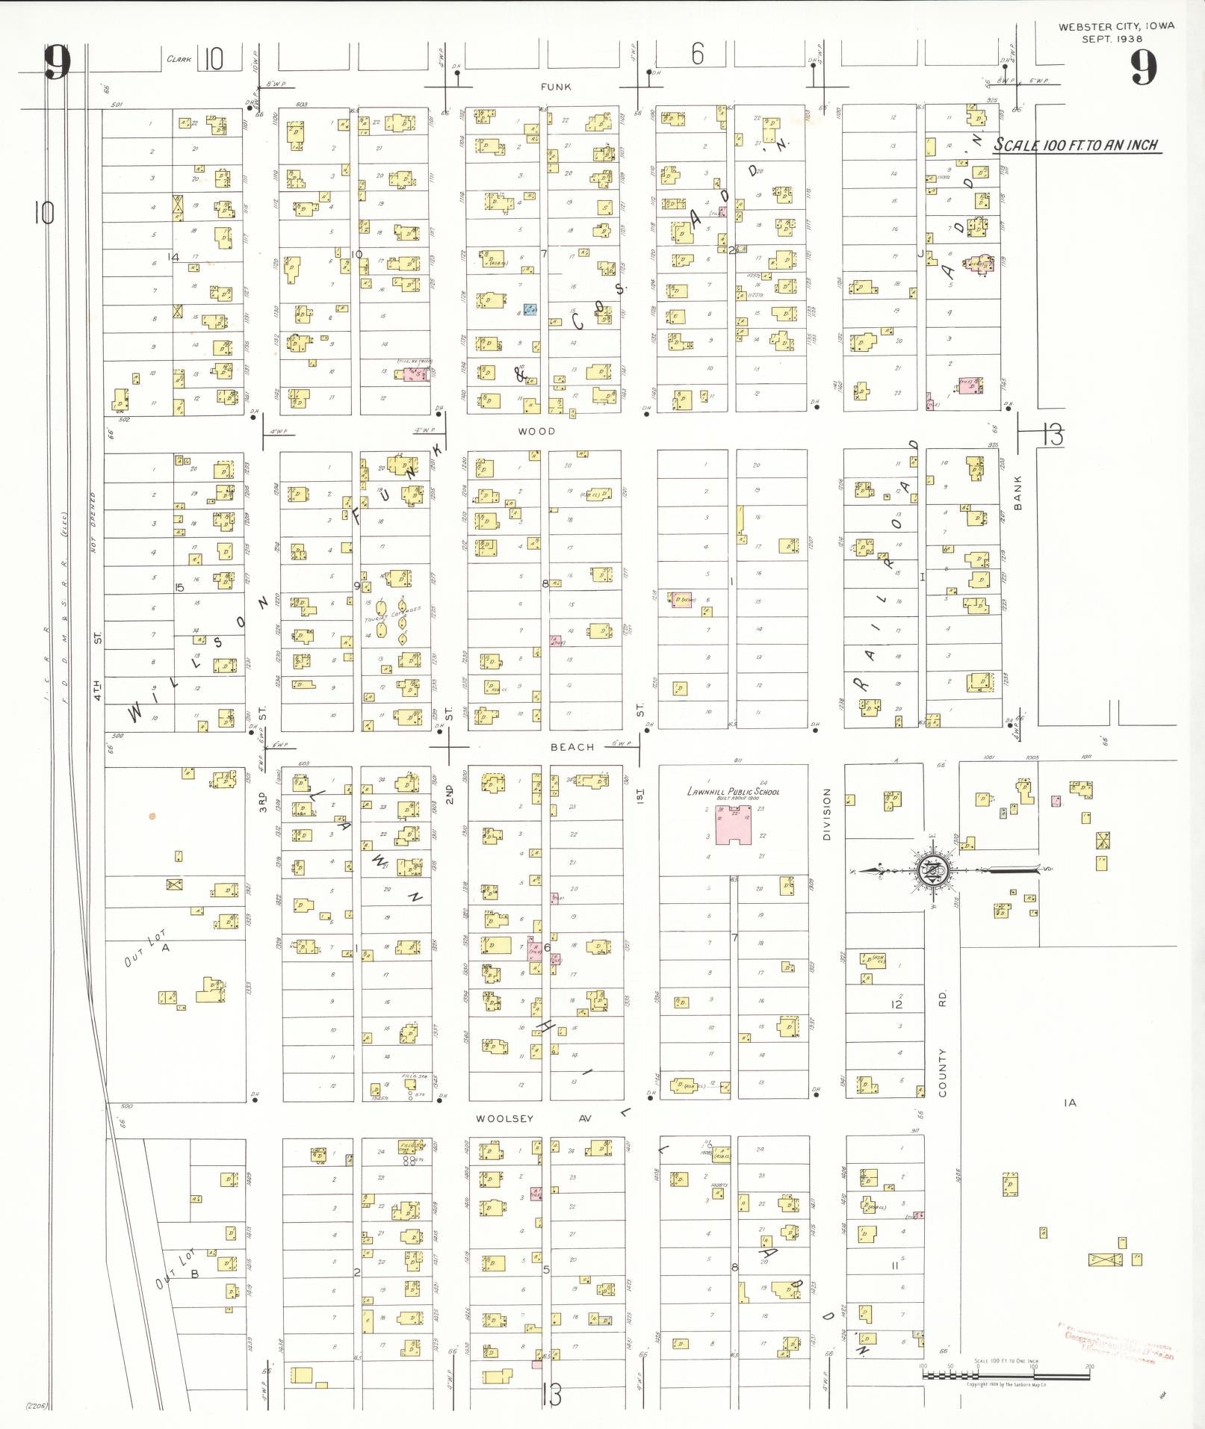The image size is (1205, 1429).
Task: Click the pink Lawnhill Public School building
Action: click(733, 828)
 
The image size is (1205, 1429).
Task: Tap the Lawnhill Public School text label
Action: click(733, 792)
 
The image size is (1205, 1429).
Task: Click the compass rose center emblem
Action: click(934, 871)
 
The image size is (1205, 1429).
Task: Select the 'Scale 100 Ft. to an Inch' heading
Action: click(1076, 145)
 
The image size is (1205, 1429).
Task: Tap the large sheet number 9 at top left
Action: click(57, 64)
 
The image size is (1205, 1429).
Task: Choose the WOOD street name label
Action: click(536, 431)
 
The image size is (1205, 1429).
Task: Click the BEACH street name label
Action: click(572, 747)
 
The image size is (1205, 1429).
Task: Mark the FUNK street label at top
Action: click(556, 87)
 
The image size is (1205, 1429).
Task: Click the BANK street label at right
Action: click(1017, 493)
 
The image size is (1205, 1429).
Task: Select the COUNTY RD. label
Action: click(943, 1046)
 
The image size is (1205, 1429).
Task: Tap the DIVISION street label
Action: click(827, 814)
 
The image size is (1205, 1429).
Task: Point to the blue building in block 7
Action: click(530, 309)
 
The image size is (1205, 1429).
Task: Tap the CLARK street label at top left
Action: click(179, 59)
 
